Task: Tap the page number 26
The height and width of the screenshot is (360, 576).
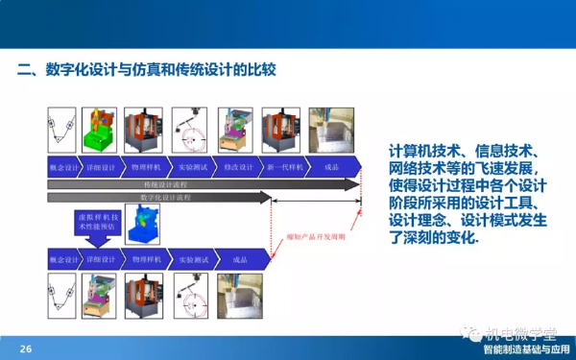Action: pyautogui.click(x=26, y=348)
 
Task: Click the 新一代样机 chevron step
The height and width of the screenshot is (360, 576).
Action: pyautogui.click(x=285, y=166)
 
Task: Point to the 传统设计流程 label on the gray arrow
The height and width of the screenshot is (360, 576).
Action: pyautogui.click(x=168, y=182)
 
